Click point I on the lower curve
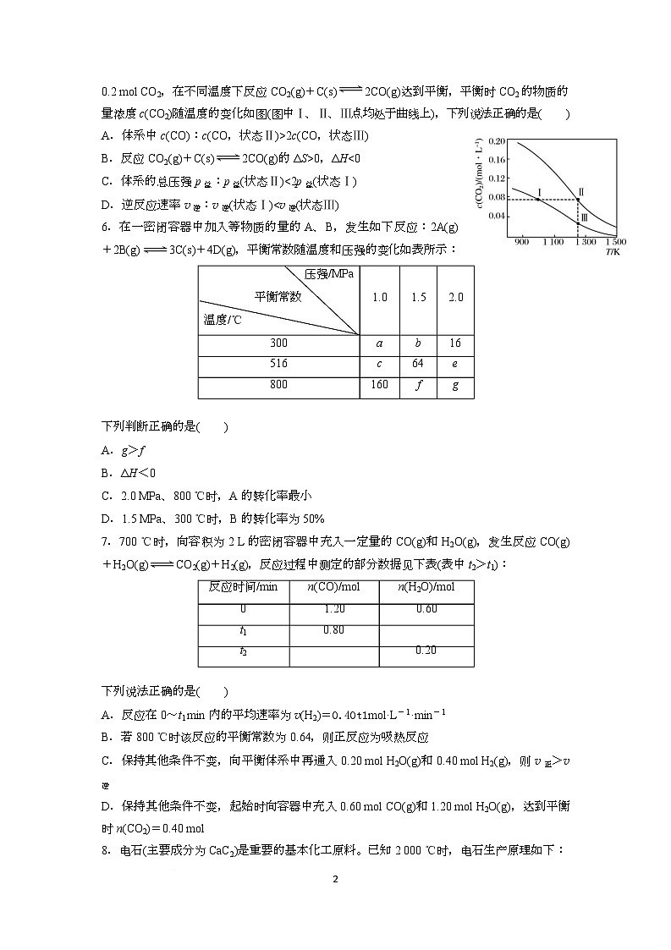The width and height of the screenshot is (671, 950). coord(538,199)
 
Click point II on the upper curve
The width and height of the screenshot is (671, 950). coord(578,200)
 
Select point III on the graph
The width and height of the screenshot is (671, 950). coord(578,219)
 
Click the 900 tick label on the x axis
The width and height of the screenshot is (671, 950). coord(521,243)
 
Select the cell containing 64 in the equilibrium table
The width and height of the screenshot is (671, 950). coord(417,364)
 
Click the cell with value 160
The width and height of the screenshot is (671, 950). coord(379,385)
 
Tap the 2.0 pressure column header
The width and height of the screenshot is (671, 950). coord(456,298)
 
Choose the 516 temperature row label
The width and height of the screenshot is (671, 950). coord(278,364)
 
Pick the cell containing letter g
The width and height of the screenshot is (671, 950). coord(456,385)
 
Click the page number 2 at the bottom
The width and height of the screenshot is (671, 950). coord(336,880)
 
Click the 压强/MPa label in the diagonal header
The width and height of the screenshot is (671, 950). coord(330,274)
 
